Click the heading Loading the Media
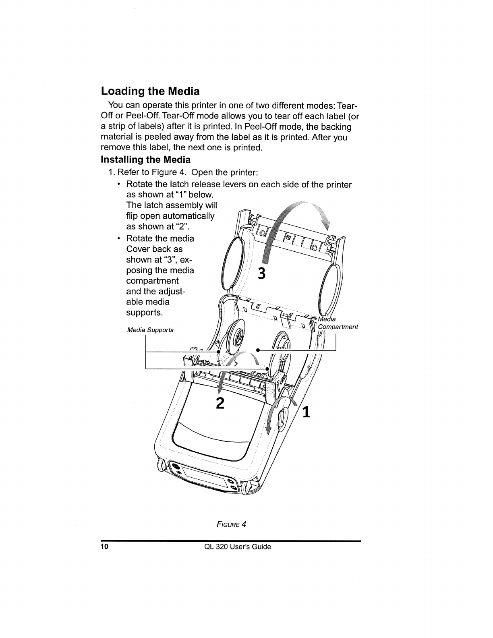click(x=150, y=91)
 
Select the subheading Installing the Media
click(x=145, y=160)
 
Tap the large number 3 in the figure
click(x=262, y=273)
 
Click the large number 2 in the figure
click(x=220, y=403)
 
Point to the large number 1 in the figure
click(x=306, y=412)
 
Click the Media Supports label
click(x=150, y=330)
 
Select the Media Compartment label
click(x=338, y=323)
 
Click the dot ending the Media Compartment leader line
click(x=258, y=350)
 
